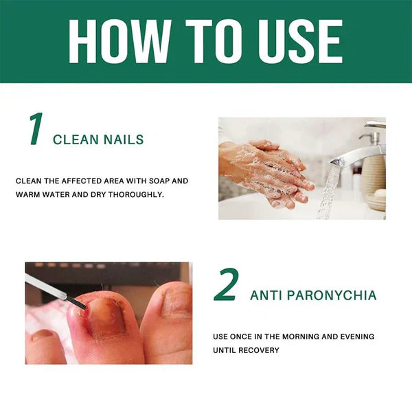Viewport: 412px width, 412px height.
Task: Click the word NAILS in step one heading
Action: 124,140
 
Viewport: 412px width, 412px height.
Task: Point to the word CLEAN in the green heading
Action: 76,140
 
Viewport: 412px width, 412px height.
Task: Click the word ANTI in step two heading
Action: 264,296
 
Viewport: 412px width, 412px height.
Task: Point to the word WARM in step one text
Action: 30,194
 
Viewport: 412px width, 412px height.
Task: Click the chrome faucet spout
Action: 357,154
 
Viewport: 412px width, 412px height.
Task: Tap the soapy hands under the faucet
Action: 264,172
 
